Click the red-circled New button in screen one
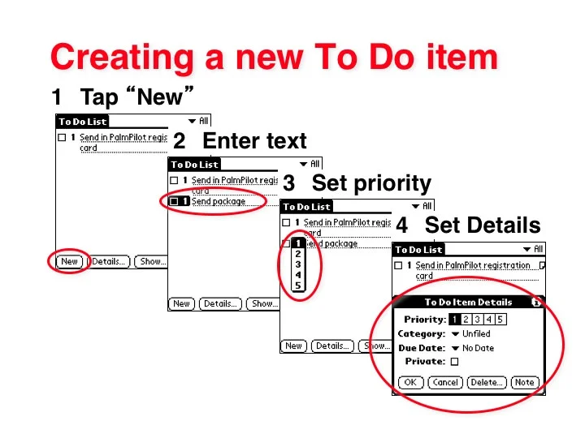(x=70, y=261)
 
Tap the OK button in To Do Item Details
(x=411, y=382)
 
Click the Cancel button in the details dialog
(x=445, y=382)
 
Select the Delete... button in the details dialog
(x=487, y=382)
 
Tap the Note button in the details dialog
(x=525, y=382)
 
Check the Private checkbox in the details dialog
(x=454, y=362)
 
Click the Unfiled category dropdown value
(x=476, y=333)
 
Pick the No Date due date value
(x=478, y=348)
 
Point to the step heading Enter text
(x=254, y=141)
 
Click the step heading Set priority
(x=370, y=182)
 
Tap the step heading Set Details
(x=482, y=225)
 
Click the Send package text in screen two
(x=218, y=201)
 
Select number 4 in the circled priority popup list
(x=298, y=275)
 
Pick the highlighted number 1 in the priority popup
(x=298, y=243)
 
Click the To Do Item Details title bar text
(x=468, y=302)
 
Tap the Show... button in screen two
(x=262, y=303)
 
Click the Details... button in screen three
(x=332, y=346)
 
